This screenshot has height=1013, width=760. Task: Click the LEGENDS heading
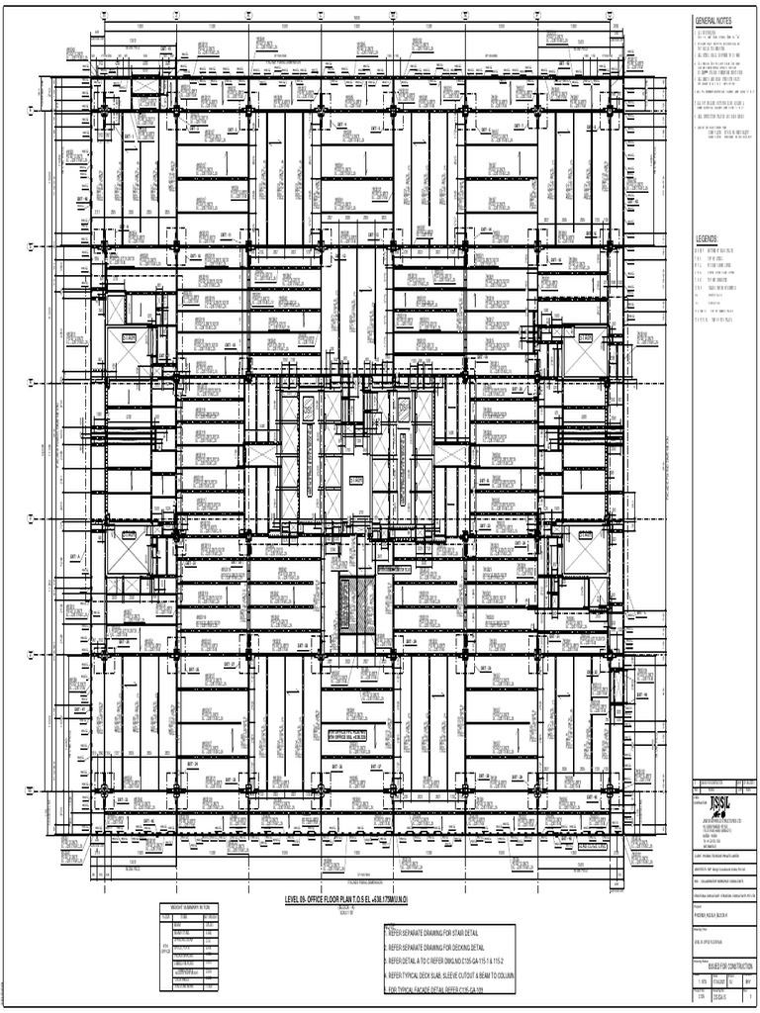pos(706,239)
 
